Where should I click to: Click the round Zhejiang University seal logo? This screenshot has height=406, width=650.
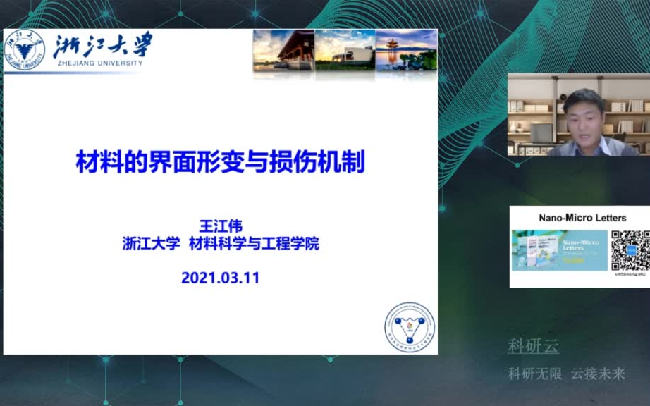click(23, 50)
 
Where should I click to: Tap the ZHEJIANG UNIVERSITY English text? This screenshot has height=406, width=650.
click(98, 63)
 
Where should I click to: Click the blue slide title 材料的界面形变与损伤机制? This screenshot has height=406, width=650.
click(220, 163)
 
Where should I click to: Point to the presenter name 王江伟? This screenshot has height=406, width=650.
click(221, 226)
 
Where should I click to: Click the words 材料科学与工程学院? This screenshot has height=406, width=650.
click(254, 244)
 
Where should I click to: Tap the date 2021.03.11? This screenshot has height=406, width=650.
click(221, 278)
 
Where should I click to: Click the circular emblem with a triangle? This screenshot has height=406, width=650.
click(410, 326)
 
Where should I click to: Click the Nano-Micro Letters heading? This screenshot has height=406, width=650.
click(582, 218)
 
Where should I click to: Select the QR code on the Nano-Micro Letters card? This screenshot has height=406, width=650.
click(630, 250)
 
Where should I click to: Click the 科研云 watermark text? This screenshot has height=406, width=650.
click(533, 346)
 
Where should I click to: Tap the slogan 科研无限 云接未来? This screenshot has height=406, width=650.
click(566, 374)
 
